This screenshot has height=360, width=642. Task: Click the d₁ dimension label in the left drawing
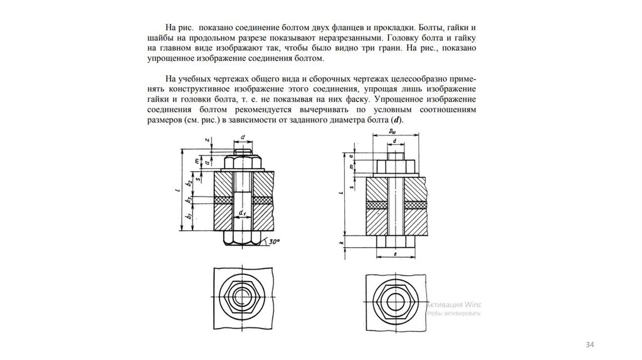point(241,213)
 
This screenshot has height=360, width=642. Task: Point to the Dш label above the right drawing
point(392,132)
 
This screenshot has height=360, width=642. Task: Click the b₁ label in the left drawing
point(189,217)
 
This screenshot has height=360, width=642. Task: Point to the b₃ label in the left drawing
point(189,199)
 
